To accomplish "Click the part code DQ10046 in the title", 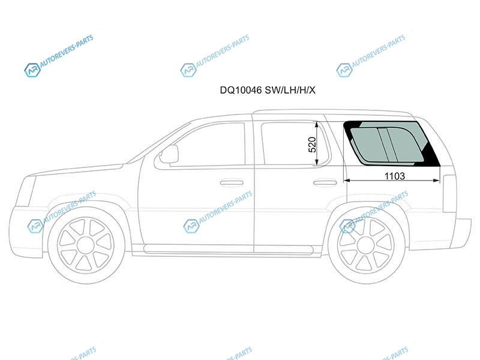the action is coord(241,90).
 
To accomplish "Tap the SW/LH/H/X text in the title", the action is coord(290,90).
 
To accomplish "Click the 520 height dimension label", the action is coord(312,145).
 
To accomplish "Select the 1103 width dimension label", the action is coord(395,176).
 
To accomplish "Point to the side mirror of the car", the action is coord(169,154).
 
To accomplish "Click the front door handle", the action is coord(232,183).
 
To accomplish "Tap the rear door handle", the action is coord(325,183).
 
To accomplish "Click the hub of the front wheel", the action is coord(86,245).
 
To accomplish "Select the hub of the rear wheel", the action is coord(366,245).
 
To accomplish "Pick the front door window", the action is coord(208,145).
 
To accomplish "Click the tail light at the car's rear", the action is coord(449,193).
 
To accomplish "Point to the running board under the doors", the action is coord(229,249).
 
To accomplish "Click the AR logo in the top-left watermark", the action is coord(32,70).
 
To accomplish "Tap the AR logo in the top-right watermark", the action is coord(344,70).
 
